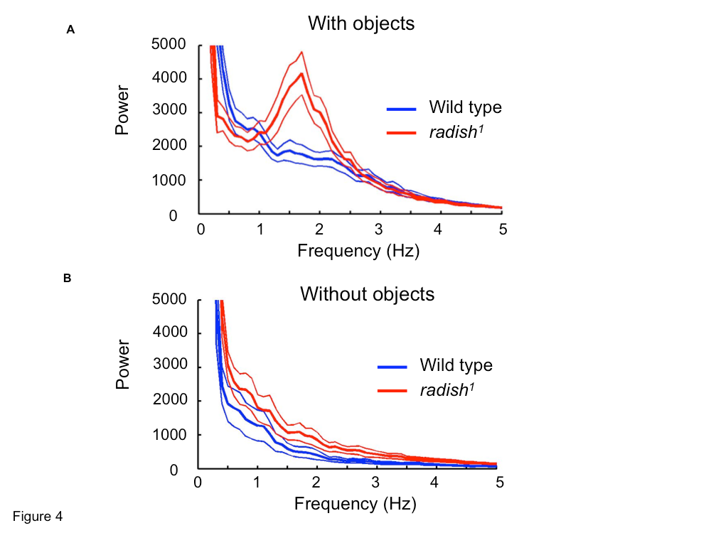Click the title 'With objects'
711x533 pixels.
(360, 23)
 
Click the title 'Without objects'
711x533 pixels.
(367, 294)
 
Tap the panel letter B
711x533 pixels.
(67, 279)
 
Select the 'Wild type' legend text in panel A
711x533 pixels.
(465, 108)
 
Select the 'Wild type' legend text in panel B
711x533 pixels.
(456, 365)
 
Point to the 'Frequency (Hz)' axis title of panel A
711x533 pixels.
(358, 250)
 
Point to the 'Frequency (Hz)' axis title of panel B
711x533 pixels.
(355, 505)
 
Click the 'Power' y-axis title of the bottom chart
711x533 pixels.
(122, 365)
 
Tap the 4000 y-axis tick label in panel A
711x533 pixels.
(169, 77)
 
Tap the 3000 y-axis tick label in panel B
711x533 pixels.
(169, 368)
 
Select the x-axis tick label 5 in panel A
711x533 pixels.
(503, 230)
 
